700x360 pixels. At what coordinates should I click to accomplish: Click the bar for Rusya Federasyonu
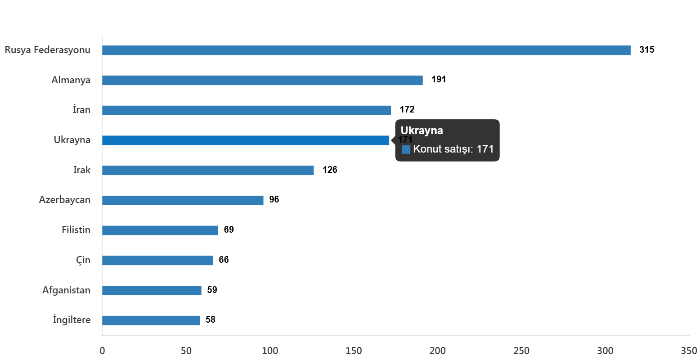click(x=366, y=50)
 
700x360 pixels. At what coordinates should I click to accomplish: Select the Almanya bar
click(x=262, y=81)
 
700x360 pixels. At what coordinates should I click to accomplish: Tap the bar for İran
click(x=247, y=110)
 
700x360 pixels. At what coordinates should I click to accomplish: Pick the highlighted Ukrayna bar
click(x=246, y=140)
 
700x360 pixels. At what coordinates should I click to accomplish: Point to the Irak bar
click(x=208, y=171)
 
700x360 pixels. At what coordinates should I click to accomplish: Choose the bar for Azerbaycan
click(x=183, y=200)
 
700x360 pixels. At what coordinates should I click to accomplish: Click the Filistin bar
click(x=160, y=230)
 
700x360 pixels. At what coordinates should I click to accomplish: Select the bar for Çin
click(x=157, y=261)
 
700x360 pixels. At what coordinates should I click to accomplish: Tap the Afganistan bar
click(x=152, y=290)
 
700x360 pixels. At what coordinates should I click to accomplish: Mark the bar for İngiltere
click(x=151, y=320)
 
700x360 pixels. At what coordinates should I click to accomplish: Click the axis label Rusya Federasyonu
click(x=48, y=50)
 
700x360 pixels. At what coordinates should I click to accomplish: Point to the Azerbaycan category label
click(x=65, y=200)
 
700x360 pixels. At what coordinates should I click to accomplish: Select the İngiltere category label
click(x=72, y=320)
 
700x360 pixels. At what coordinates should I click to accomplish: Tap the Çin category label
click(x=83, y=260)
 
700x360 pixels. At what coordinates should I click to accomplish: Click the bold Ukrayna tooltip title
click(x=422, y=131)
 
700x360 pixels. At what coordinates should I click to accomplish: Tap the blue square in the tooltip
click(x=406, y=149)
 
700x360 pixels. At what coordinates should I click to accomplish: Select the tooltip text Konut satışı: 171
click(x=453, y=149)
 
